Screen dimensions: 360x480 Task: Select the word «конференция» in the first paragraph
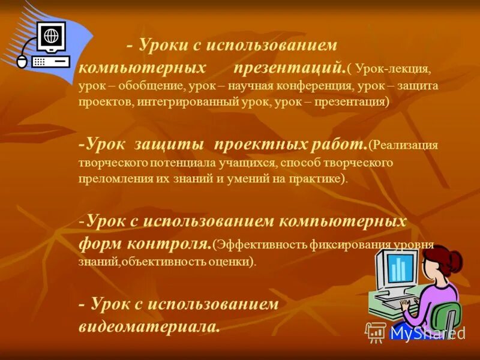pos(311,86)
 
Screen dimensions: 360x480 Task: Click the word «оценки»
pos(234,262)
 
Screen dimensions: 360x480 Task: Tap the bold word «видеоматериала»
pos(149,327)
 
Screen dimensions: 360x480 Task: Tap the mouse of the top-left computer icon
pos(22,61)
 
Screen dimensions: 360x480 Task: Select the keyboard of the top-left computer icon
pos(50,62)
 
